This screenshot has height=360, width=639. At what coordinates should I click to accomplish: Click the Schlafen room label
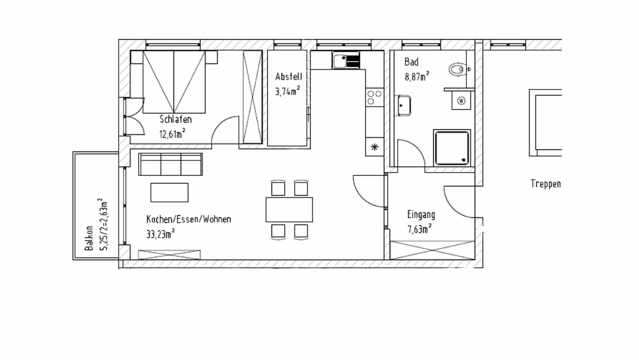click(175, 119)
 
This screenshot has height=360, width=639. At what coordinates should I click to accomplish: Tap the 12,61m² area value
click(173, 132)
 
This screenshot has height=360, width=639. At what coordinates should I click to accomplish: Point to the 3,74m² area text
click(288, 90)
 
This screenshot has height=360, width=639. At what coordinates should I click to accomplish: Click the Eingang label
click(421, 214)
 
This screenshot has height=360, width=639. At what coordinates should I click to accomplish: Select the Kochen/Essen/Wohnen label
click(188, 219)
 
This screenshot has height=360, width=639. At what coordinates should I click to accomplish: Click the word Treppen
click(545, 184)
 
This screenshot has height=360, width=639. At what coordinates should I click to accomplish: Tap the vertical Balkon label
click(89, 239)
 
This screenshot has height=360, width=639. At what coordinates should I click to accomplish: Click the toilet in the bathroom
click(458, 69)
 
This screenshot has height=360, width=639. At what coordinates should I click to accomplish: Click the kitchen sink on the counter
click(346, 62)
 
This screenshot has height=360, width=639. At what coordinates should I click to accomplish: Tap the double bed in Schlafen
click(175, 82)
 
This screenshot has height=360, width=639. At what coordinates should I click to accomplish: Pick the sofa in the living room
click(170, 165)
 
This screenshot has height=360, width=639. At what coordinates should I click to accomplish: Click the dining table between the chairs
click(290, 209)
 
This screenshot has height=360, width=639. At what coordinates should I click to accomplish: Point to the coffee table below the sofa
click(169, 192)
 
